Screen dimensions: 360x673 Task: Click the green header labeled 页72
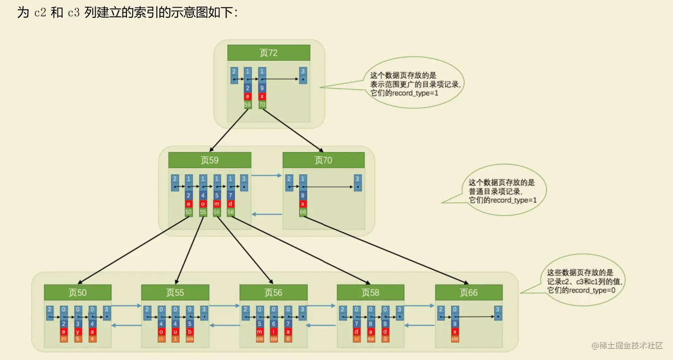[268, 53]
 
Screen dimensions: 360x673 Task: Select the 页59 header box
[209, 160]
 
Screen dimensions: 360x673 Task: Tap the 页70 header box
[324, 160]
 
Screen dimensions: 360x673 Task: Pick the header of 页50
[77, 292]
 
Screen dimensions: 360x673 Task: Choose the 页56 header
[273, 292]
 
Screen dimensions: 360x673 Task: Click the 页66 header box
[469, 292]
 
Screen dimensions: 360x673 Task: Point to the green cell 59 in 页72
[248, 105]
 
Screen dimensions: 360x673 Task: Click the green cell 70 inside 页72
[262, 105]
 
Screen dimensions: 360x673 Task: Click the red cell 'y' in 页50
[78, 331]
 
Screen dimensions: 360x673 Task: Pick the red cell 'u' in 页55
[175, 331]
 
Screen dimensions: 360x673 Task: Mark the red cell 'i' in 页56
[273, 331]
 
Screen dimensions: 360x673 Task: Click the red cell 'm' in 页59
[217, 204]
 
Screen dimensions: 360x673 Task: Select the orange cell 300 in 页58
[371, 339]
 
